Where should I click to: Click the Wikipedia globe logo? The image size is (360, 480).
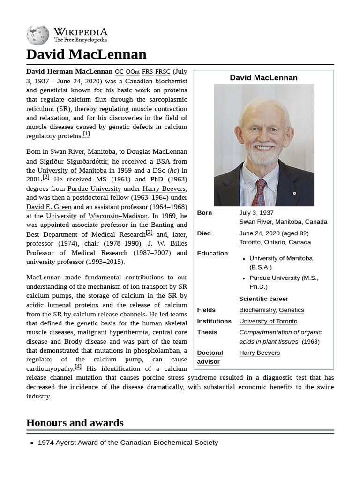(37, 35)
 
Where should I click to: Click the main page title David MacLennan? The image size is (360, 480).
(86, 54)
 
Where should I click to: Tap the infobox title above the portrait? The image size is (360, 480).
(263, 78)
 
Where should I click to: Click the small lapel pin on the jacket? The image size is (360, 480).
(294, 193)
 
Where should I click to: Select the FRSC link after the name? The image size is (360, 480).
(163, 72)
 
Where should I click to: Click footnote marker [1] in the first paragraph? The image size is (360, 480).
(86, 134)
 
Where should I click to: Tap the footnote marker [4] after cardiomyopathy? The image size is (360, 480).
(78, 367)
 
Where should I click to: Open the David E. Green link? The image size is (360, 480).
(49, 207)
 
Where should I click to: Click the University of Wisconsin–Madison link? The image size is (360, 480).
(97, 216)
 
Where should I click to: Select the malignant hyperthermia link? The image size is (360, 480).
(112, 332)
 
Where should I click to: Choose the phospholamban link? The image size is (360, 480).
(157, 351)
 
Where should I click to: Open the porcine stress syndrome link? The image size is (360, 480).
(179, 378)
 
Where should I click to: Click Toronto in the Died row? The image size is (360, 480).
(250, 242)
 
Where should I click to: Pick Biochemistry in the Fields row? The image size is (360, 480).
(257, 310)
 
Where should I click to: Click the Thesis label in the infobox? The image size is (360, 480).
(207, 332)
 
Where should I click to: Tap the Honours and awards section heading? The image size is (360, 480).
(75, 422)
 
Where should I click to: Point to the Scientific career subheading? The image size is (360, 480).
(263, 299)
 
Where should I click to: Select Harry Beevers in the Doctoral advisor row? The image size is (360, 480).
(260, 353)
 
